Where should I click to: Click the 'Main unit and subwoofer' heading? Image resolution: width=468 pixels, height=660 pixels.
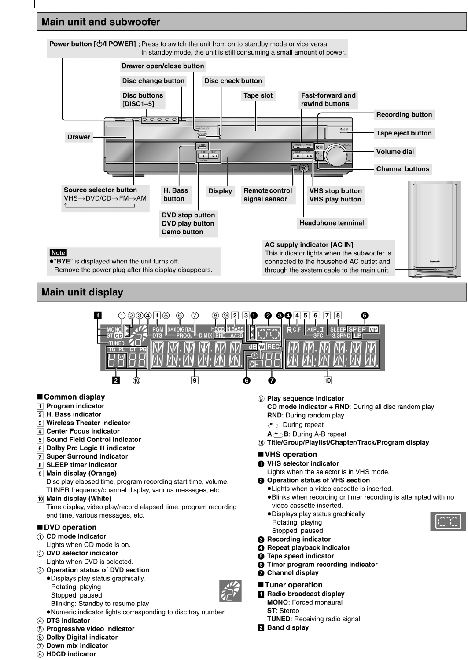pyautogui.click(x=101, y=22)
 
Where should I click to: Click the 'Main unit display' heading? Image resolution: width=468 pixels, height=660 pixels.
pyautogui.click(x=82, y=292)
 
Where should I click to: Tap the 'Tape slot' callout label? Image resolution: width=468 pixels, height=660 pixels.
pyautogui.click(x=258, y=95)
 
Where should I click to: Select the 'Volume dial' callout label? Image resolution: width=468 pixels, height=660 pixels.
pyautogui.click(x=395, y=152)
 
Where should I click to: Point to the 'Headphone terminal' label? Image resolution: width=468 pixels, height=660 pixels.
pyautogui.click(x=332, y=223)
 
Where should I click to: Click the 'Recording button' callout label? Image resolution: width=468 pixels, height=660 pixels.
pyautogui.click(x=404, y=115)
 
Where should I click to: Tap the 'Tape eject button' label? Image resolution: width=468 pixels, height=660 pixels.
pyautogui.click(x=404, y=133)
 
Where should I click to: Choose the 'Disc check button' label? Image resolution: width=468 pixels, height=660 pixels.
pyautogui.click(x=233, y=81)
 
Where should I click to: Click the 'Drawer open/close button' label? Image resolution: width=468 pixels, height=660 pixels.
pyautogui.click(x=163, y=66)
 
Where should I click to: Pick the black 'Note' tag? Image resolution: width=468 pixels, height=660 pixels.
pyautogui.click(x=58, y=253)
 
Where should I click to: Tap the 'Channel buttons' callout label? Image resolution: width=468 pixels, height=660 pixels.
pyautogui.click(x=402, y=169)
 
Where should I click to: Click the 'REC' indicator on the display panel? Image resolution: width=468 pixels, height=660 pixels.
pyautogui.click(x=273, y=347)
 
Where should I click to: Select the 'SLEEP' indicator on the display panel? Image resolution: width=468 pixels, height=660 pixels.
pyautogui.click(x=338, y=329)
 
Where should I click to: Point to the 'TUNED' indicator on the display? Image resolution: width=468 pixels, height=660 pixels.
pyautogui.click(x=117, y=343)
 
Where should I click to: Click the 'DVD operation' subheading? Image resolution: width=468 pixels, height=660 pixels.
pyautogui.click(x=70, y=527)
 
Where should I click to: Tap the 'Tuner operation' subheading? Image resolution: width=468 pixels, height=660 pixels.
pyautogui.click(x=293, y=585)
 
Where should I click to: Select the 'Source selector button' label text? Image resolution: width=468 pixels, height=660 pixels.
pyautogui.click(x=100, y=190)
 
